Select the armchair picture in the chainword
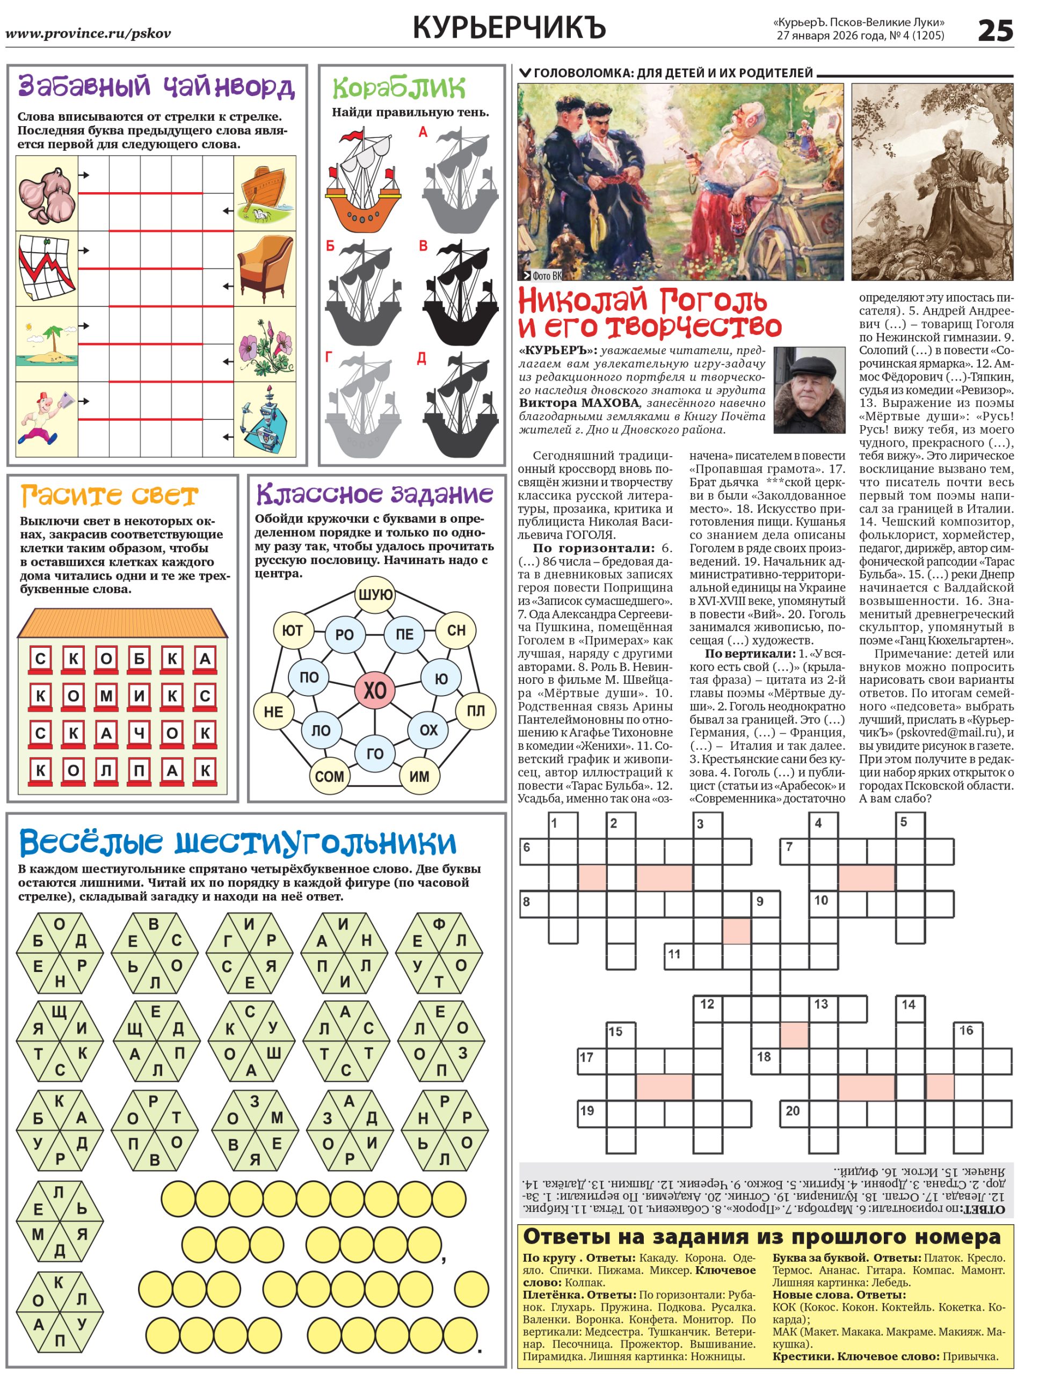(265, 268)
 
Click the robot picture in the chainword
(265, 420)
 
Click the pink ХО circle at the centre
(374, 690)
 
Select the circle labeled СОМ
(329, 776)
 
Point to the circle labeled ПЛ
(475, 711)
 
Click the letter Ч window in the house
(139, 733)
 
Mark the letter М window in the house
(106, 696)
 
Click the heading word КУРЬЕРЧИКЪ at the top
(509, 28)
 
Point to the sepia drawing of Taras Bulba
(932, 182)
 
